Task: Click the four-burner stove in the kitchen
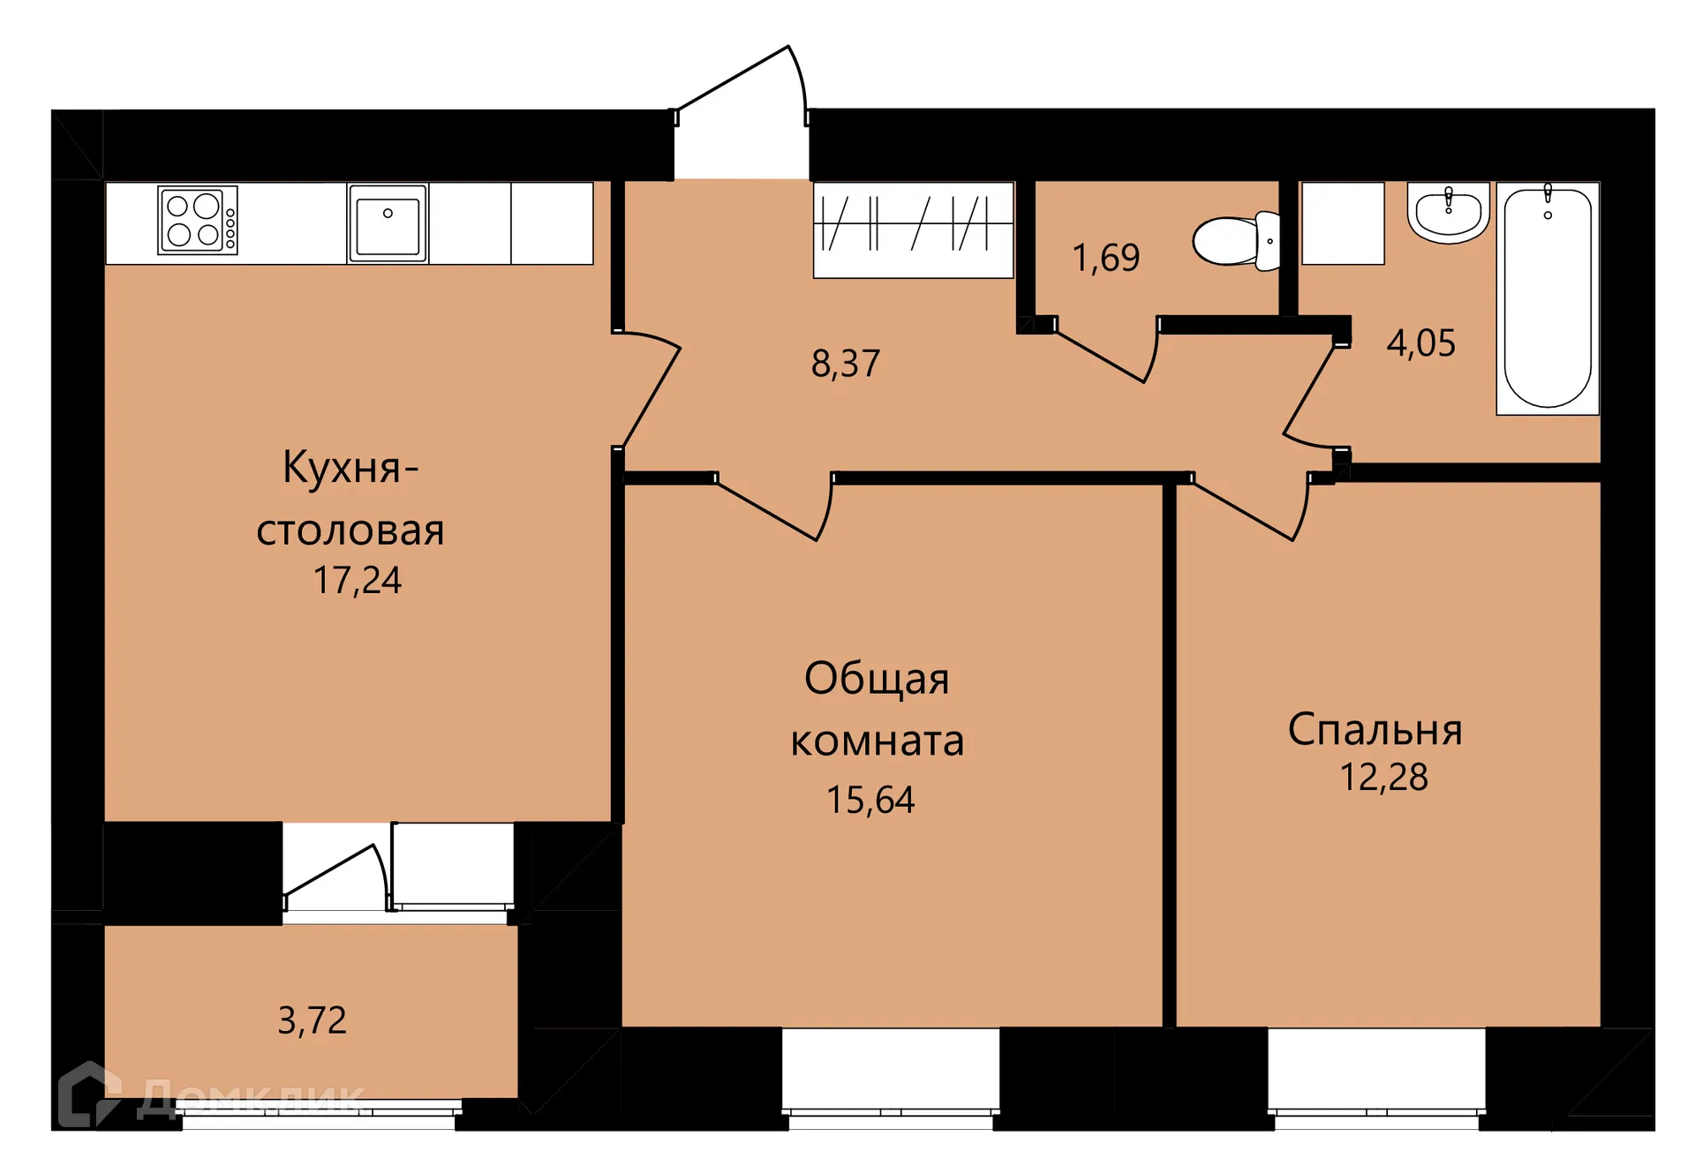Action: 197,220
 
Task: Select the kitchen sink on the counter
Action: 388,223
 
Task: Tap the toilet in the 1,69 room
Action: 1234,240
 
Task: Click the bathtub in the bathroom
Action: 1547,298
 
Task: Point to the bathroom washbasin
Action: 1448,213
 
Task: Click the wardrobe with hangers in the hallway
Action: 912,229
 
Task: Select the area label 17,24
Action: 357,581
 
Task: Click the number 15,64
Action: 870,800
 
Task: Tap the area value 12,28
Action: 1382,778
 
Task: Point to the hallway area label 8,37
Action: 845,364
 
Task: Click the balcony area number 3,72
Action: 312,1020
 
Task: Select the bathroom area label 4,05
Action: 1420,343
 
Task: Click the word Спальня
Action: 1375,730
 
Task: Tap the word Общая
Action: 876,679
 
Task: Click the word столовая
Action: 350,531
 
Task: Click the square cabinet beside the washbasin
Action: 1342,223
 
